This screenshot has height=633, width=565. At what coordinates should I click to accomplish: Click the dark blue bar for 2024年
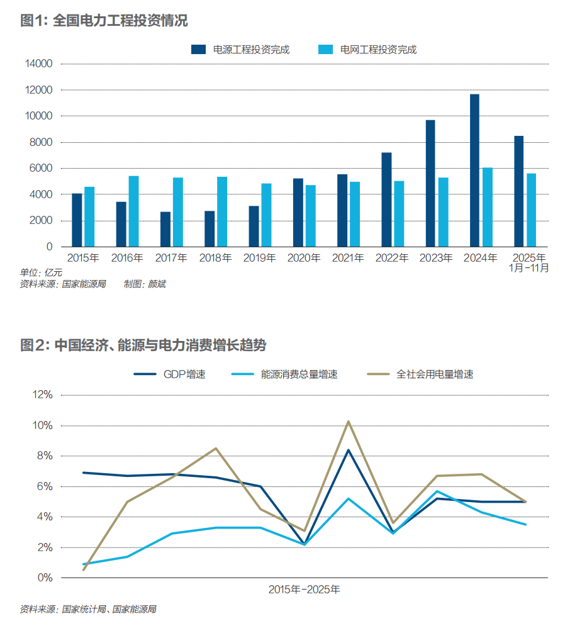474,171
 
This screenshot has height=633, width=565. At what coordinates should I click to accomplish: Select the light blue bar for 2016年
133,211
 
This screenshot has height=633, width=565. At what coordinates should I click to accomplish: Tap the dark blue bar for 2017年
165,229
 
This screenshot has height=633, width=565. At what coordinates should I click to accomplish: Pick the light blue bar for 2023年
443,212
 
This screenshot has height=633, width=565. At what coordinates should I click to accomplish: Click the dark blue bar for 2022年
386,199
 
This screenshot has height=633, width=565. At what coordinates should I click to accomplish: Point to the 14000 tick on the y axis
39,64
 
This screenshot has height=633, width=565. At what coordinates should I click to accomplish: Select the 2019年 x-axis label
260,258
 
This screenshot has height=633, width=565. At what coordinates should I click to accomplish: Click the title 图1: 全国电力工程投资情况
104,21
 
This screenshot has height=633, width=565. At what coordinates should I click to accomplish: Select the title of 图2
143,345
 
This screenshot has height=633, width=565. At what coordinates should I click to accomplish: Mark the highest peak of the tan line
348,422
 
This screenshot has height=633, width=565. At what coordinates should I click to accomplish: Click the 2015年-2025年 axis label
304,590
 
